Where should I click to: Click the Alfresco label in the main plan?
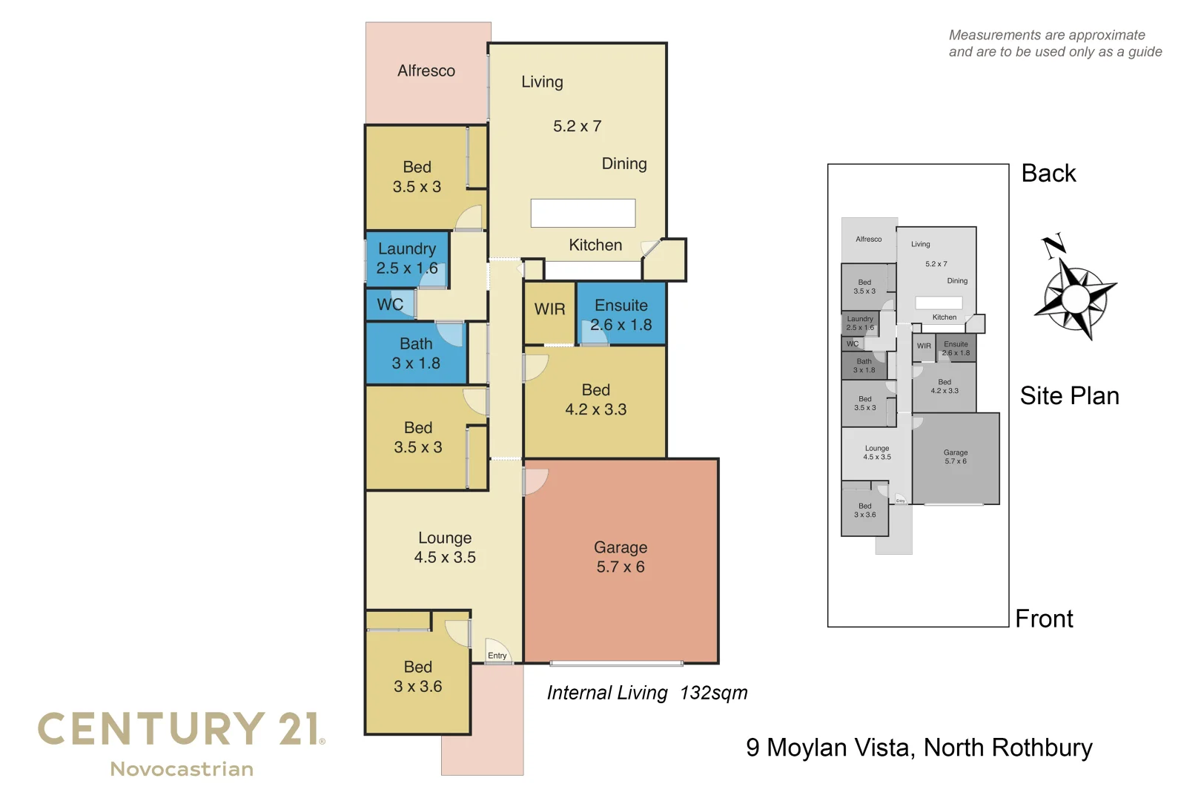coord(426,71)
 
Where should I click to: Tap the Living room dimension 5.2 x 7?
coord(577,127)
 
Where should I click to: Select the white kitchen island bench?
coord(583,213)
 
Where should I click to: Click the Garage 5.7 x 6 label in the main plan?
coord(621,558)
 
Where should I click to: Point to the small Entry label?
coord(497,656)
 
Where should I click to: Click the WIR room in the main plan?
coord(549,309)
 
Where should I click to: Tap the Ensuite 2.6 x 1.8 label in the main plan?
coord(621,315)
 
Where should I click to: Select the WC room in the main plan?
coord(390,305)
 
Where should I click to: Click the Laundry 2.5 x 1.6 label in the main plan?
coord(406,259)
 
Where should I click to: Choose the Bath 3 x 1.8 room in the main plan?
coord(416,354)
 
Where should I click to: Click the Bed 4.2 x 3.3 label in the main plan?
coord(595,400)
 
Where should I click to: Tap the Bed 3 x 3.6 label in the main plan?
coord(417,677)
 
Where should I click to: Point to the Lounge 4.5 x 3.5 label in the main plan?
coord(445,547)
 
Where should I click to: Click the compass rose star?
coord(1075,299)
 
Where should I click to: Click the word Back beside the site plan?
coord(1048,174)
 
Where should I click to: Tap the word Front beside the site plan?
coord(1044,619)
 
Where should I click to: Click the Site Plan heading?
coord(1069,396)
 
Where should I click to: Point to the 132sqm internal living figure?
coord(713,693)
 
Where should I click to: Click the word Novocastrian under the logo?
coord(182,769)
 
